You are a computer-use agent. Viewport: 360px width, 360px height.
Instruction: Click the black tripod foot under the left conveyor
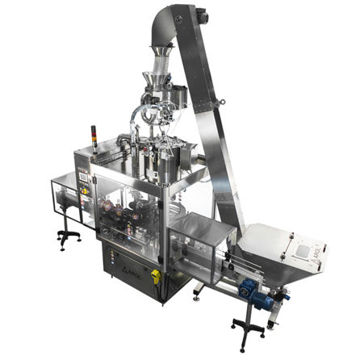pos(66,237)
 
